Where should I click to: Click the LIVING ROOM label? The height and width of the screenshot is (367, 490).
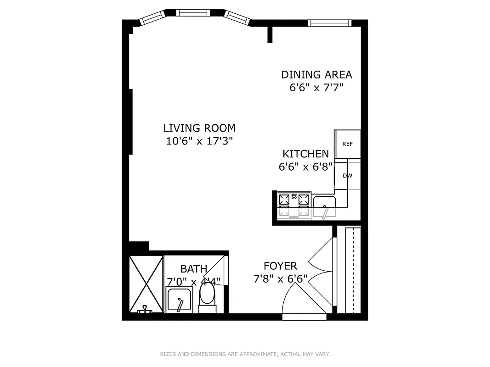coord(199,128)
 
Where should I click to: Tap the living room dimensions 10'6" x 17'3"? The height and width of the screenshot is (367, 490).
coord(199,141)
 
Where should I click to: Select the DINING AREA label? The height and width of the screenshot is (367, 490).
coord(316,74)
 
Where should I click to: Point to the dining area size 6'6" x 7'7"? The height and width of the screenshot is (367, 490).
coord(316,87)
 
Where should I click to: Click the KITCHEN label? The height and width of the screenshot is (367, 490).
coord(305,154)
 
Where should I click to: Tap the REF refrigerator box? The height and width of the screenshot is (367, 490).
coord(348,144)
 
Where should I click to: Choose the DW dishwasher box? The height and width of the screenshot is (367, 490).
coord(348,175)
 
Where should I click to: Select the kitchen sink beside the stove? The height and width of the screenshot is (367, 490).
coord(325,206)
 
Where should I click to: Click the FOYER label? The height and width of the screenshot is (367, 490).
coord(280,266)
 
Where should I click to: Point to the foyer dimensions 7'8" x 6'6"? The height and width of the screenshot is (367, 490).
coord(280,278)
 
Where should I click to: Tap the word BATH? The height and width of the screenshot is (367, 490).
coord(193,269)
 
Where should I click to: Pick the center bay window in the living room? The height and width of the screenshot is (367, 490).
coord(194,13)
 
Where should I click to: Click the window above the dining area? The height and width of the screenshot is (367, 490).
coord(329,23)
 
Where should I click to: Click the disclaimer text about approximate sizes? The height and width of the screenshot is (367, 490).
coord(245,354)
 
